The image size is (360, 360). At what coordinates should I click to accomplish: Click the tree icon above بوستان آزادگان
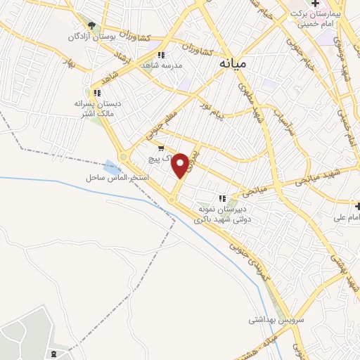pyautogui.click(x=86, y=25)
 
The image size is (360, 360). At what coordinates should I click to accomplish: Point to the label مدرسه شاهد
pyautogui.click(x=162, y=65)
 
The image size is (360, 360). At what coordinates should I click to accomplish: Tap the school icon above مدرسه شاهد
pyautogui.click(x=161, y=54)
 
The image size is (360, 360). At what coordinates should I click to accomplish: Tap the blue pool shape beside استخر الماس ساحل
pyautogui.click(x=111, y=168)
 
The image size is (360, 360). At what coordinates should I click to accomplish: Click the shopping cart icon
pyautogui.click(x=162, y=148)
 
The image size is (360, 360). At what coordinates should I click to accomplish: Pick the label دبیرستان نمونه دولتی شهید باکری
pyautogui.click(x=224, y=214)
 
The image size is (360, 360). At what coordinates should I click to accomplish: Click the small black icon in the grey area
pyautogui.click(x=54, y=351)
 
